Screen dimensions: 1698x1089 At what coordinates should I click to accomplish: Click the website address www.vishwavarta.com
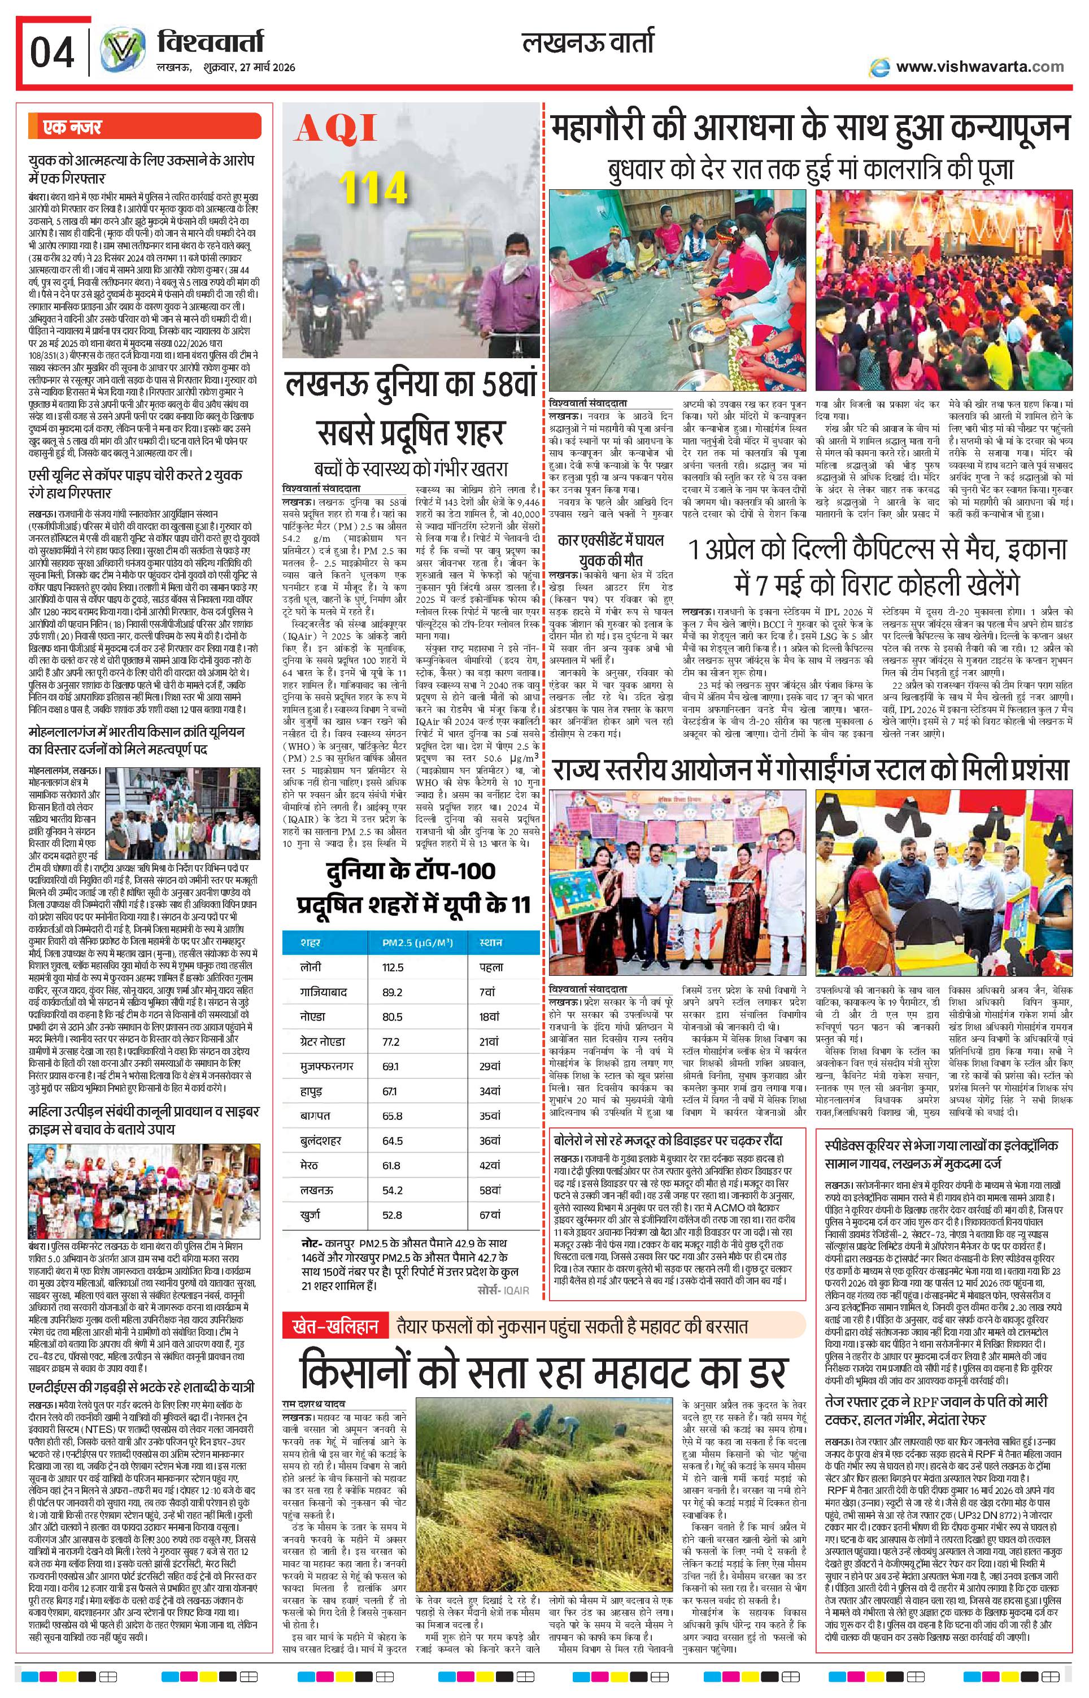click(979, 67)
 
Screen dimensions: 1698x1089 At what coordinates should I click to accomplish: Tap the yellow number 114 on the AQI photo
click(373, 188)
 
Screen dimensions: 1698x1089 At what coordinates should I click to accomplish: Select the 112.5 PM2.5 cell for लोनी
click(393, 967)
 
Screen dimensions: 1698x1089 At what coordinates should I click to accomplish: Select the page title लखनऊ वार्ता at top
click(587, 42)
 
